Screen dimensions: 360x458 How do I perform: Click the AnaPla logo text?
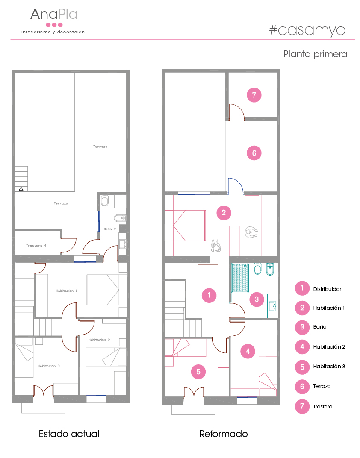coord(54,14)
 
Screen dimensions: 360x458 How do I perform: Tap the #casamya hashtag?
coord(307,30)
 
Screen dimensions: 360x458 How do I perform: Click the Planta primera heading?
coord(315,54)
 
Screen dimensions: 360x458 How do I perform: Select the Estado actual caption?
coord(69,434)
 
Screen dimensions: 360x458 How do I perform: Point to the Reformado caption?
coord(223,434)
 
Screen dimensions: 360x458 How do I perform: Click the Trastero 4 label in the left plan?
coord(36,245)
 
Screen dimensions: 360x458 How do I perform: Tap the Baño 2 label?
coord(109,229)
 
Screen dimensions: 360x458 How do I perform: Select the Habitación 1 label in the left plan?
coord(66,291)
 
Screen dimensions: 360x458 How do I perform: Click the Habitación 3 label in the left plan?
coord(49,366)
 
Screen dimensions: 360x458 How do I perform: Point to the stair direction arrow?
coord(21,191)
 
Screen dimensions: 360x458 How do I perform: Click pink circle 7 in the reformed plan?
coord(254,95)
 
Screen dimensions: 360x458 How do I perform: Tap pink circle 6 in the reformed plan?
coord(254,153)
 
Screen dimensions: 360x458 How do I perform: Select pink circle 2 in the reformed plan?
coord(224,213)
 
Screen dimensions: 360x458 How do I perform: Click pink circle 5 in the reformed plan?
coord(198,372)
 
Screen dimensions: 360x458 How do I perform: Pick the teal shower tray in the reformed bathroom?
coord(240,278)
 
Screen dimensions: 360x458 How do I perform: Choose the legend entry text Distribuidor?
coord(327,289)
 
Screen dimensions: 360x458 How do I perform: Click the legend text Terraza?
coord(322,386)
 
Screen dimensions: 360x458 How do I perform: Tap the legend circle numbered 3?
coord(302,327)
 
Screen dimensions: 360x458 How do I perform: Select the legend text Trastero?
coord(323,407)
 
